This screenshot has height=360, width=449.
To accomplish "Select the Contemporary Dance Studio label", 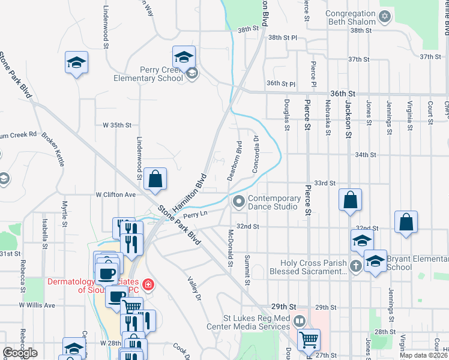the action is [274, 203].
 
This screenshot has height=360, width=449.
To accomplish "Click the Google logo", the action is [20, 353].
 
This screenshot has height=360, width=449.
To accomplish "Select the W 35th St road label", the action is [116, 125].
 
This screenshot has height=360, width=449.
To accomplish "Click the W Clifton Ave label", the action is [116, 194].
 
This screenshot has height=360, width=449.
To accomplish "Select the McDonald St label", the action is [230, 247].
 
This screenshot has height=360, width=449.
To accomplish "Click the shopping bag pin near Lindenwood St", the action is [155, 179].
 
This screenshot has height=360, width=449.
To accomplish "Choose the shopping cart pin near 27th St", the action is [309, 340].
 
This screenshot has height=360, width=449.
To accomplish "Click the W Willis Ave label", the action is [37, 305].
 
